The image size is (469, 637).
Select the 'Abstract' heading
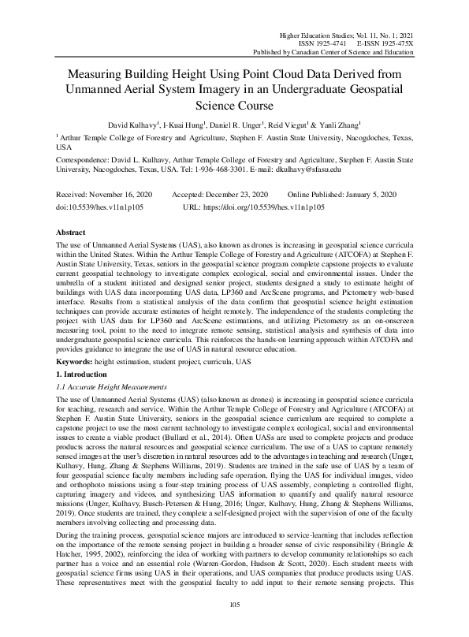[72, 233]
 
